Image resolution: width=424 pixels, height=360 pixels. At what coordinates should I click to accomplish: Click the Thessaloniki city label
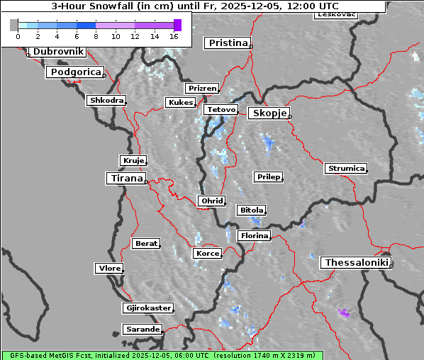[357, 263]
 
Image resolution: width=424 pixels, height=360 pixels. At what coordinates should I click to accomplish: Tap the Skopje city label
[268, 113]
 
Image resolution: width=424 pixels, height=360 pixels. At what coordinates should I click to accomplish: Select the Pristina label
[228, 43]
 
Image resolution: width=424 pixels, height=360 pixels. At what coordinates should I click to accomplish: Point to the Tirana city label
[125, 179]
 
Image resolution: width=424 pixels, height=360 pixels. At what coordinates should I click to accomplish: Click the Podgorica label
[75, 72]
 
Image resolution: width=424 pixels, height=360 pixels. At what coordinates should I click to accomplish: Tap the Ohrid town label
[212, 201]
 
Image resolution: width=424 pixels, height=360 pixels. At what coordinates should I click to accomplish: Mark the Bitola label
[251, 210]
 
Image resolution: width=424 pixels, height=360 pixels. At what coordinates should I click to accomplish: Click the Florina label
[254, 235]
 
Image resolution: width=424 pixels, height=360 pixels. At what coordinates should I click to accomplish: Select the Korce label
[207, 253]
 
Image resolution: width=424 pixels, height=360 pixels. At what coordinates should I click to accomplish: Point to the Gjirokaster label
[147, 308]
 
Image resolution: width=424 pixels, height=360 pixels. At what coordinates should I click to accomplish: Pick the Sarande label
[142, 330]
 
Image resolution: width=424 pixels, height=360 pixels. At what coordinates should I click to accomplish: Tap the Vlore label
[108, 268]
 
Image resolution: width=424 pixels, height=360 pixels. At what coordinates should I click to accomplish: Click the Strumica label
[346, 169]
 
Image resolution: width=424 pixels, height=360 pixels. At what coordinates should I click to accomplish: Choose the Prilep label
[268, 176]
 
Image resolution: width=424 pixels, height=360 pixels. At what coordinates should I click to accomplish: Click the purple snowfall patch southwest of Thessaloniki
[345, 313]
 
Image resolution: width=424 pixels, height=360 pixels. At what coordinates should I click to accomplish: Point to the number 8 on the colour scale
[96, 35]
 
